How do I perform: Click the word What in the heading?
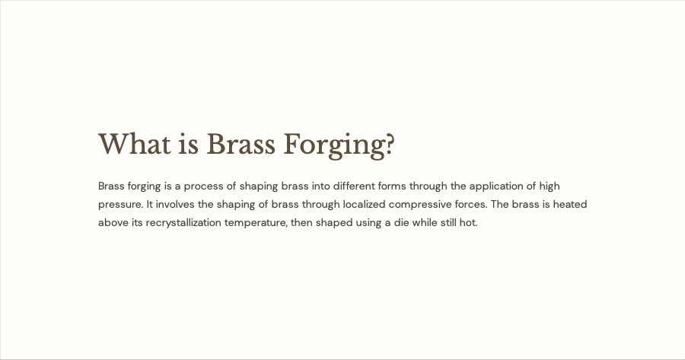[x=135, y=144]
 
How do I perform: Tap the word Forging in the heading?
[x=335, y=145]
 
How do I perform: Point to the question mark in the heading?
[x=390, y=144]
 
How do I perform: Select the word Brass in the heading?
[x=241, y=144]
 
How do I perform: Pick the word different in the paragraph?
[x=354, y=186]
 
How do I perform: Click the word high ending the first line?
[x=549, y=186]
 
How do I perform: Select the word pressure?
[x=120, y=205]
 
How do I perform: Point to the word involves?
[x=175, y=205]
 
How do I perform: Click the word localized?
[x=364, y=205]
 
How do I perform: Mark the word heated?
[x=569, y=205]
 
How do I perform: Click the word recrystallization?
[x=183, y=223]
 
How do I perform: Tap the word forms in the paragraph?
[x=392, y=186]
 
